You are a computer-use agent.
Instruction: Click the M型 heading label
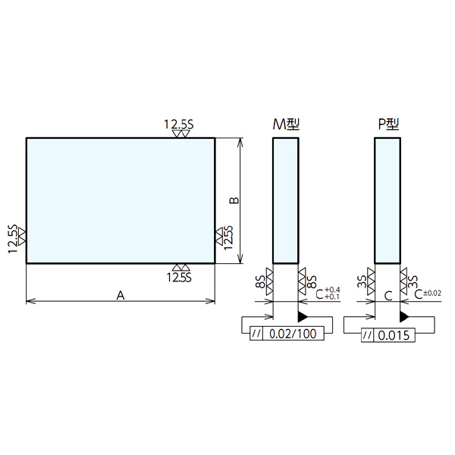(x=286, y=124)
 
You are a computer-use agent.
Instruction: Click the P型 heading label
(x=388, y=124)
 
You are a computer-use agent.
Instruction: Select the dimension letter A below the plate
(x=121, y=296)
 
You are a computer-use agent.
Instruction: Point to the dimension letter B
(x=234, y=200)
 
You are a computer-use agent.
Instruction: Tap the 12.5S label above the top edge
(x=179, y=124)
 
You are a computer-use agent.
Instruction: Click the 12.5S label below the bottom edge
(x=179, y=278)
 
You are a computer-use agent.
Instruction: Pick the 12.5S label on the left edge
(x=13, y=239)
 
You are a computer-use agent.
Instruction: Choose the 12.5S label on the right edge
(x=229, y=237)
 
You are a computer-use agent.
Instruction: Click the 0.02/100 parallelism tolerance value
(x=293, y=334)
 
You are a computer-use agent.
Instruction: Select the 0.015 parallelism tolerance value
(x=394, y=335)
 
